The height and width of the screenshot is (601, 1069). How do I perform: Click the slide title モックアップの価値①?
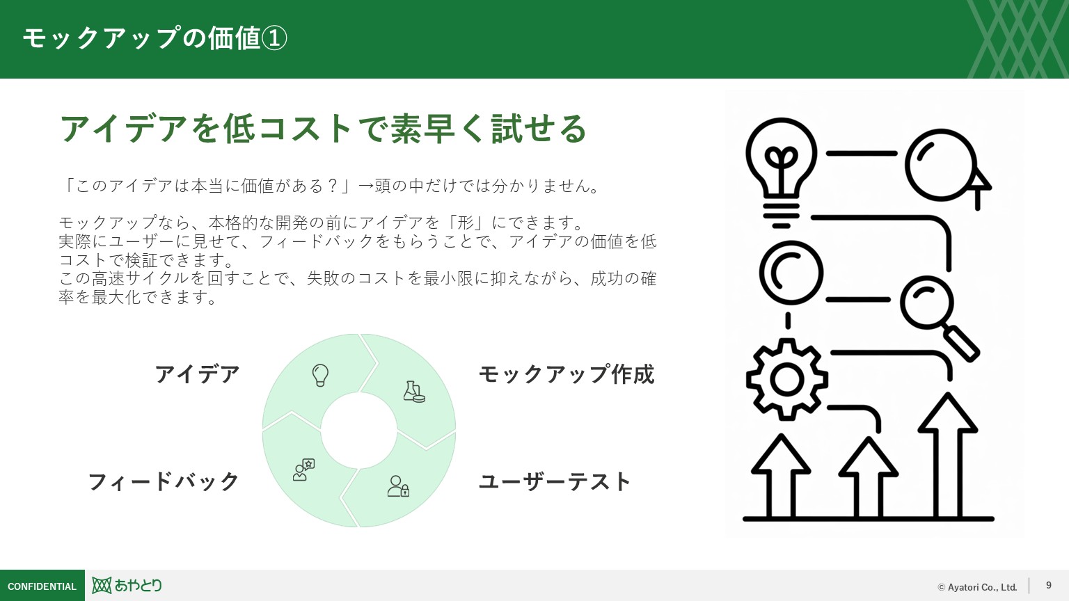[155, 38]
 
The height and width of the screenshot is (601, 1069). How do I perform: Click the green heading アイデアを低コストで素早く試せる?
[324, 129]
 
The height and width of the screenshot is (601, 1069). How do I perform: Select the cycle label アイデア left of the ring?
[197, 374]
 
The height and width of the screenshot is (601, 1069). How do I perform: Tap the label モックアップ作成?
[566, 374]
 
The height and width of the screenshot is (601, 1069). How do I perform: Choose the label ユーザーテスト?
[555, 481]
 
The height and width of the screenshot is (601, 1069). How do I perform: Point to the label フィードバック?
[164, 481]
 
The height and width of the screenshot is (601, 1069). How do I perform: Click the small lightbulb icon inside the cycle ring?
[320, 375]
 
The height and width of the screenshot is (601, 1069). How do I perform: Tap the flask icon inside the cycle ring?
[413, 392]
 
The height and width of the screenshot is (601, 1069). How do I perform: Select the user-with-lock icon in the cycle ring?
[398, 486]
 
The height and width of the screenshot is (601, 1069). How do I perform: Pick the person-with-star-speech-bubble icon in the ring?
[303, 470]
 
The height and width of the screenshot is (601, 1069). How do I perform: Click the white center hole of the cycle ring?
[358, 430]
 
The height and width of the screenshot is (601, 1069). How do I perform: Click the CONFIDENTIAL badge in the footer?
[42, 586]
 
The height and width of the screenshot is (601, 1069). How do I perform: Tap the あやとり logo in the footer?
[127, 586]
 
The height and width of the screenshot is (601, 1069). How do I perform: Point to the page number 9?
[1049, 586]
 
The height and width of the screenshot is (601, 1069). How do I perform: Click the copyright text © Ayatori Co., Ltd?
[977, 587]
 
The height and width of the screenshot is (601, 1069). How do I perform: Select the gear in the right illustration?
[786, 379]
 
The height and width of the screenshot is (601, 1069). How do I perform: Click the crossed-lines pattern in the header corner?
[1017, 39]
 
